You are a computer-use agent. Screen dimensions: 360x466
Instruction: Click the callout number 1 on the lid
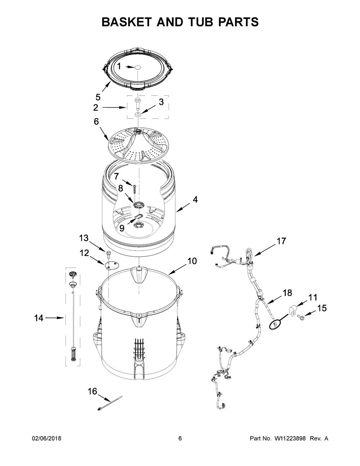[119, 66]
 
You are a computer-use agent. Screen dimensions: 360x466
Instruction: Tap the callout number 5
[98, 97]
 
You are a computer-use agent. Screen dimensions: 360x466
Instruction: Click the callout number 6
[96, 122]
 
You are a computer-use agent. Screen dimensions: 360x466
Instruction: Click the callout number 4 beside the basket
[195, 200]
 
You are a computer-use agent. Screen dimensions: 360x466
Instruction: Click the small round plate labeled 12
[112, 265]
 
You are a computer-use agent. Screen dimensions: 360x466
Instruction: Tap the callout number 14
[39, 318]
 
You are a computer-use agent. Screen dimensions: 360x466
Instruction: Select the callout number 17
[282, 241]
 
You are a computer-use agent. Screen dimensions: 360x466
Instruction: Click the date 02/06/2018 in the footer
[46, 439]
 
